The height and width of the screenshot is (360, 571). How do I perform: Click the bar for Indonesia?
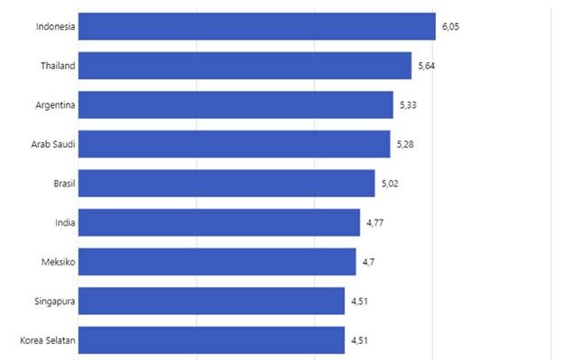257,27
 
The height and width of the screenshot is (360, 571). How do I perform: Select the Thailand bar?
245,66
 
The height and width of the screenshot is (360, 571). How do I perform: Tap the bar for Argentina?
236,105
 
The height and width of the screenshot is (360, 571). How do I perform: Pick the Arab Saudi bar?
234,144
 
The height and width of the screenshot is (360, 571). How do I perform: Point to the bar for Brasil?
227,184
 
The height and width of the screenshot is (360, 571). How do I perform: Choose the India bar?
220,222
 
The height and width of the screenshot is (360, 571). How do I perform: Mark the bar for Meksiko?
217,262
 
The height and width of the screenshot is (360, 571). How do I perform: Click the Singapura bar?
212,301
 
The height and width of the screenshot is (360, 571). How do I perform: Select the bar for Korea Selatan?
212,340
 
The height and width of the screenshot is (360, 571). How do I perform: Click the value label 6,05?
450,28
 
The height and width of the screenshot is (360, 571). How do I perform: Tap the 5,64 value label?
427,67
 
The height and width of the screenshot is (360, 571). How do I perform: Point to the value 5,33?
408,106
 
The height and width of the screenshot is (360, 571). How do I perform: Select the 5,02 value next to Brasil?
390,184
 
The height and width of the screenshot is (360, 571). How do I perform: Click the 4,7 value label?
369,263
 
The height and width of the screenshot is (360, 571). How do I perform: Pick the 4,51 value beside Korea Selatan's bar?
360,341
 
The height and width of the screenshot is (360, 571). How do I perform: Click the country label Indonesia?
55,27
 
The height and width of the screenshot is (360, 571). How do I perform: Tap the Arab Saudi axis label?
53,144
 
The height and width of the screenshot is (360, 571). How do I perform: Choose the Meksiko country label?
56,262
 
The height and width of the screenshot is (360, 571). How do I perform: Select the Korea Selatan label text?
47,340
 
